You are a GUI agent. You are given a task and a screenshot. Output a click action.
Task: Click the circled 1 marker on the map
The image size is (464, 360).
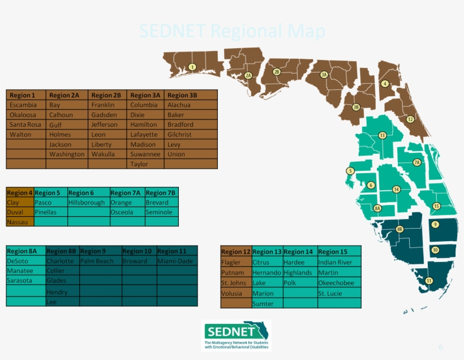point(192,67)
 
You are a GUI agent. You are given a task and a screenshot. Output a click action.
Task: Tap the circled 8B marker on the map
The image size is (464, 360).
point(399,229)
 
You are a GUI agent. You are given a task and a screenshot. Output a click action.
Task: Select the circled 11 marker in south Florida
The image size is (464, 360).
point(428,281)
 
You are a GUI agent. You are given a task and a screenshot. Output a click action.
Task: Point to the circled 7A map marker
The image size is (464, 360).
point(417,162)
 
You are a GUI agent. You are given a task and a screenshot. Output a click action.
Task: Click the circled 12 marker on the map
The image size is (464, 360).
point(410,119)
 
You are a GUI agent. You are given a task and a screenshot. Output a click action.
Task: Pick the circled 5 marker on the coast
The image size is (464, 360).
point(350,171)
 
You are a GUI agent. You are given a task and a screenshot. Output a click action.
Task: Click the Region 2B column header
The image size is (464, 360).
point(107,95)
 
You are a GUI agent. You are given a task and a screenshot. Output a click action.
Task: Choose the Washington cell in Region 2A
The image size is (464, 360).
point(67,154)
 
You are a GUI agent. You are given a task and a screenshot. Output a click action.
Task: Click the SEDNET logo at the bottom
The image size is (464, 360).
point(236,335)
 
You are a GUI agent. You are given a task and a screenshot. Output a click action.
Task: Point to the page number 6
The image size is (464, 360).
point(441,347)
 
